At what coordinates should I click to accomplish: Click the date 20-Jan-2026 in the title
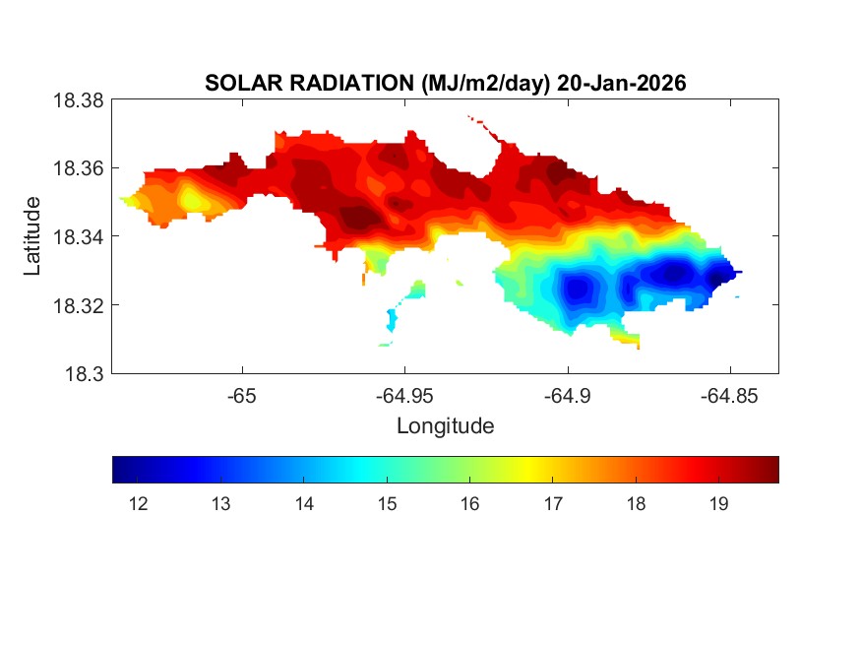tap(621, 85)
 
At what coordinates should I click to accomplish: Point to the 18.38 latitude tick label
tap(79, 100)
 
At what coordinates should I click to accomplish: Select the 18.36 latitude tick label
tap(79, 168)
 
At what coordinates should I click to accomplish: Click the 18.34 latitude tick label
tap(79, 236)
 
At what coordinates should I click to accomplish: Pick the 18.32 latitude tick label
tap(79, 305)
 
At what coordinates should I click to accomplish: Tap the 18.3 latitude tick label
tap(84, 373)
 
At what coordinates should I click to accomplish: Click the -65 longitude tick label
tap(241, 396)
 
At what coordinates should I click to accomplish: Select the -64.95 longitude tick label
tap(403, 396)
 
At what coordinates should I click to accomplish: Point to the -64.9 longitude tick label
tap(567, 396)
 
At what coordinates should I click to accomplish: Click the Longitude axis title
tap(445, 426)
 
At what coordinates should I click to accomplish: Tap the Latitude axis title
tap(33, 236)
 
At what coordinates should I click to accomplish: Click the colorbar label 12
tap(138, 504)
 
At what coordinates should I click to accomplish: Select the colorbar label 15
tap(387, 504)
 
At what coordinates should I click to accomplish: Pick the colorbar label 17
tap(552, 504)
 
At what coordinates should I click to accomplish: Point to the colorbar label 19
tap(718, 504)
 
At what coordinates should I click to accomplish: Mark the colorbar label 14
tap(304, 504)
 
